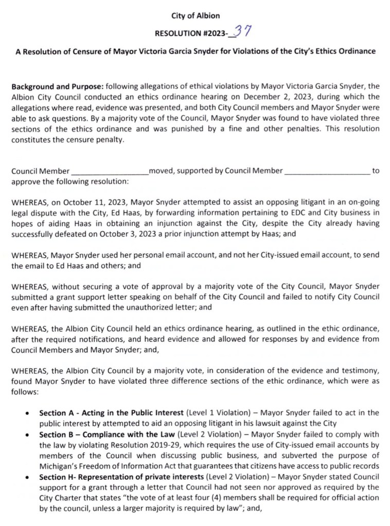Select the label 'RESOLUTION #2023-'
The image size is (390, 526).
point(193,34)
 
